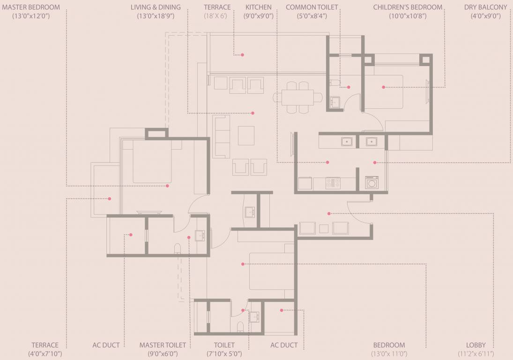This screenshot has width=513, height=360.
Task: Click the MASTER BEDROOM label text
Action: [x=31, y=7]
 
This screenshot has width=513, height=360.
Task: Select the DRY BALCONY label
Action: [x=485, y=7]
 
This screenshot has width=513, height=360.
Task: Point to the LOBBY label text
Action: [x=476, y=345]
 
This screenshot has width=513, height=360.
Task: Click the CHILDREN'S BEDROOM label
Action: [x=408, y=7]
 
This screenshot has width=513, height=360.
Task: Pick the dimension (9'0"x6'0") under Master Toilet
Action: [x=163, y=354]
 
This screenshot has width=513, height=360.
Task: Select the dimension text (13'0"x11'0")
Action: [x=389, y=354]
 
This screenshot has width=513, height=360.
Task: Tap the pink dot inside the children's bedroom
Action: [x=383, y=87]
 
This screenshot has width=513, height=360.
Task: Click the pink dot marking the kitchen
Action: [x=327, y=163]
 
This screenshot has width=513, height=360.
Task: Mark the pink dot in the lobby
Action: [x=329, y=213]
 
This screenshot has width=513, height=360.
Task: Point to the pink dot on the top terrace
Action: [x=242, y=55]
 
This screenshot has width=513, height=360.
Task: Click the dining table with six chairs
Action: [x=298, y=97]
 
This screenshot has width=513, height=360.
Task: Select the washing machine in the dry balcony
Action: [x=372, y=182]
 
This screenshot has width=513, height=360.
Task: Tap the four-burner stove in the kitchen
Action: [x=333, y=183]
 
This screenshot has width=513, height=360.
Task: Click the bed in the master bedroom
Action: [x=152, y=162]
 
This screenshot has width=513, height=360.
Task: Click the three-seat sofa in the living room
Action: [x=222, y=136]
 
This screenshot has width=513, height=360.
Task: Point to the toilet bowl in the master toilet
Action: [x=178, y=249]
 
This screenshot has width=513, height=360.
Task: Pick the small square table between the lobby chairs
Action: [x=324, y=228]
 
